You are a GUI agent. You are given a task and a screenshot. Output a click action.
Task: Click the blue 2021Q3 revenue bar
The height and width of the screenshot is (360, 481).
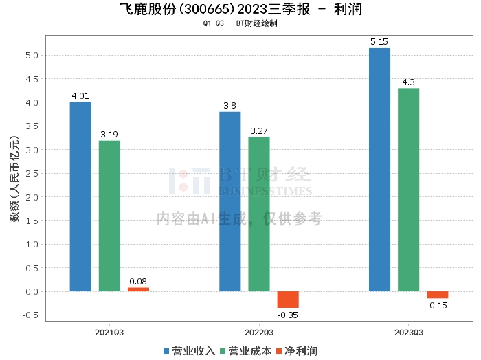coord(80,196)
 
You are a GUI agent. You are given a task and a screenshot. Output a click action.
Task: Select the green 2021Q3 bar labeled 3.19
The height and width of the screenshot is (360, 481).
coord(109,216)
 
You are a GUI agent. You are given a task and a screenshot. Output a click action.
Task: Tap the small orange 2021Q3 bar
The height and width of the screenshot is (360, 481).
coord(138,289)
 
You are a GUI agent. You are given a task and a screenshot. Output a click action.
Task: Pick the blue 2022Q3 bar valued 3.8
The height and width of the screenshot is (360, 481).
coord(230,201)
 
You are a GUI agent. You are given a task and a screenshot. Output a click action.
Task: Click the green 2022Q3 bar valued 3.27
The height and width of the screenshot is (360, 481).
coord(259,214)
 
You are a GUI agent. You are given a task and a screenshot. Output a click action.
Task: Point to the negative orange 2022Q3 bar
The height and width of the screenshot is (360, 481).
coord(288,300)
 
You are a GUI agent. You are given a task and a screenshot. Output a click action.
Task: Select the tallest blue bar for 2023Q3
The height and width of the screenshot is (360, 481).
coord(379,170)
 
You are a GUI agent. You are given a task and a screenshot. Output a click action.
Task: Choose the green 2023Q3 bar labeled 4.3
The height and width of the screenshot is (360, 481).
coord(408,190)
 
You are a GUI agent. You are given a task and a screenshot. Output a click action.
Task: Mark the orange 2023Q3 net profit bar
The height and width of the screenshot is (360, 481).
coord(437,295)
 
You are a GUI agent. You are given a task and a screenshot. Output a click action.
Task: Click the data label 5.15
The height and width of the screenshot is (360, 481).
coord(379,43)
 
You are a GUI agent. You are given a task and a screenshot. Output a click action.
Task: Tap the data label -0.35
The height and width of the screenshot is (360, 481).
coord(288,315)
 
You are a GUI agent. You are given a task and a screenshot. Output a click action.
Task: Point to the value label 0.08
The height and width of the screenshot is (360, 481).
coord(138,282)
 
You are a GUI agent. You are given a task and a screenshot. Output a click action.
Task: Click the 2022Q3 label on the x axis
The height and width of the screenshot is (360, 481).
coord(259,332)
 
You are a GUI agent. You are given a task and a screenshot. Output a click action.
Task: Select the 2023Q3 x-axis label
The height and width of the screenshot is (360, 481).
coord(408,332)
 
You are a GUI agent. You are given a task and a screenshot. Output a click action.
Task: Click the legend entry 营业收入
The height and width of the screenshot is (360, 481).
coord(189,351)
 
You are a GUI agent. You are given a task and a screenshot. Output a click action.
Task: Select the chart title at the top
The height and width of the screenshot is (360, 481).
coord(240,10)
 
